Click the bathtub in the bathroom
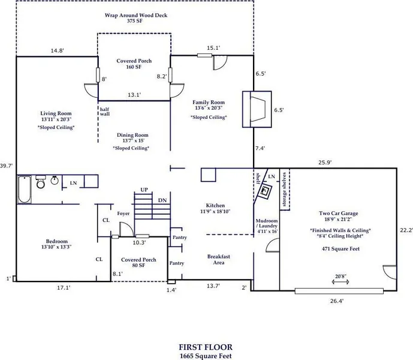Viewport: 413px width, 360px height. [25, 190]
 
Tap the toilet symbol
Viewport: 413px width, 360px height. [41, 182]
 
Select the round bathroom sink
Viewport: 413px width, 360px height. [55, 180]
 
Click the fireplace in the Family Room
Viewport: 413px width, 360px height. [257, 109]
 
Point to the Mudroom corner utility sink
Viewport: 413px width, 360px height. [265, 190]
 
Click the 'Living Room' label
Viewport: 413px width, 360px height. [56, 113]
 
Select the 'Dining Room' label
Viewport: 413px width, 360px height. [132, 135]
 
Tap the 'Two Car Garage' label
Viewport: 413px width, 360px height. [339, 213]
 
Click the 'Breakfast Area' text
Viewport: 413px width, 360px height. [219, 260]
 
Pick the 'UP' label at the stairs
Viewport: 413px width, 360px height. [144, 190]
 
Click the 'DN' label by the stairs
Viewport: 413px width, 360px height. [162, 200]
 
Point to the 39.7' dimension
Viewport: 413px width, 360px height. [7, 166]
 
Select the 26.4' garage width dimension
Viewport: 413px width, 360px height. [337, 301]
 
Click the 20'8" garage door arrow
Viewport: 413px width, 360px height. [340, 282]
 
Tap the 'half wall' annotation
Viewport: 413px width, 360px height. [104, 112]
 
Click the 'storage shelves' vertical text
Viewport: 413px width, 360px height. [284, 189]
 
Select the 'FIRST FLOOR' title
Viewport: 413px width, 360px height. [206, 347]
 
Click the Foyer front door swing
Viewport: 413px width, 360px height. [126, 229]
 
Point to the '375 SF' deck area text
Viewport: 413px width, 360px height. [135, 21]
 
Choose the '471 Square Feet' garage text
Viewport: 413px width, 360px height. [340, 249]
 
